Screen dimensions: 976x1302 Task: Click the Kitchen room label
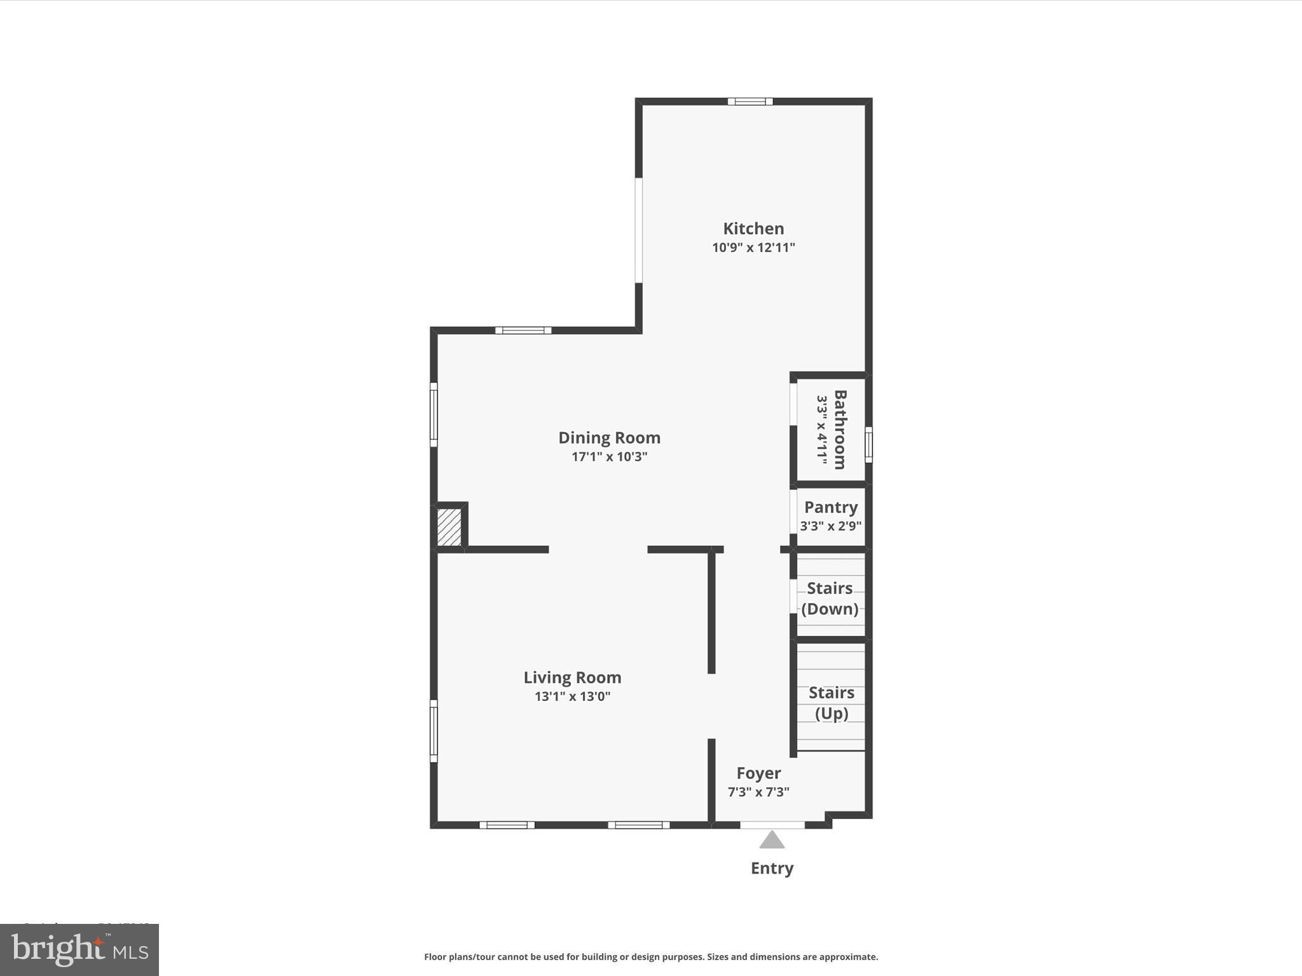pyautogui.click(x=753, y=229)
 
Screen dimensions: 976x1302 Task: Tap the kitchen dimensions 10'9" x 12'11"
pyautogui.click(x=753, y=248)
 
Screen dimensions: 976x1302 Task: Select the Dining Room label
pyautogui.click(x=609, y=438)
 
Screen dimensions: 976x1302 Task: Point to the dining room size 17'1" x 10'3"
pyautogui.click(x=609, y=457)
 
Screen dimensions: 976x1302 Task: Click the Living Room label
pyautogui.click(x=572, y=677)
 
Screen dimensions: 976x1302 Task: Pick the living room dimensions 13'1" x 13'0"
pyautogui.click(x=572, y=696)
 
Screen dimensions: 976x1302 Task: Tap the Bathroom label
pyautogui.click(x=840, y=430)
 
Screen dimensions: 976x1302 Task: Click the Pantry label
pyautogui.click(x=831, y=507)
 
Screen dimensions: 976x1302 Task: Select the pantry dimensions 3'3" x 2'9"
pyautogui.click(x=831, y=526)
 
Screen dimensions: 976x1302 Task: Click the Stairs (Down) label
pyautogui.click(x=830, y=598)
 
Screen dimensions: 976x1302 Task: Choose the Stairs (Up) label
pyautogui.click(x=831, y=702)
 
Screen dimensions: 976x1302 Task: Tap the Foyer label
pyautogui.click(x=758, y=773)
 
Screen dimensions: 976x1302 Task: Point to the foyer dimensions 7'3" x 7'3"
pyautogui.click(x=758, y=792)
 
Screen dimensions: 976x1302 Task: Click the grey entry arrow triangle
pyautogui.click(x=772, y=841)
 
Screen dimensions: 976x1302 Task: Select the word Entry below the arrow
pyautogui.click(x=772, y=868)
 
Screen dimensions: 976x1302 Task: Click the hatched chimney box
pyautogui.click(x=449, y=526)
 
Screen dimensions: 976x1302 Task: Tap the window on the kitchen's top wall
pyautogui.click(x=750, y=101)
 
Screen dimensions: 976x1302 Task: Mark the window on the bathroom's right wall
pyautogui.click(x=868, y=444)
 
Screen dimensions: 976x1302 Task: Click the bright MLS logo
pyautogui.click(x=79, y=949)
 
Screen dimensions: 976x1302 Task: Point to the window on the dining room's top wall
pyautogui.click(x=523, y=330)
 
